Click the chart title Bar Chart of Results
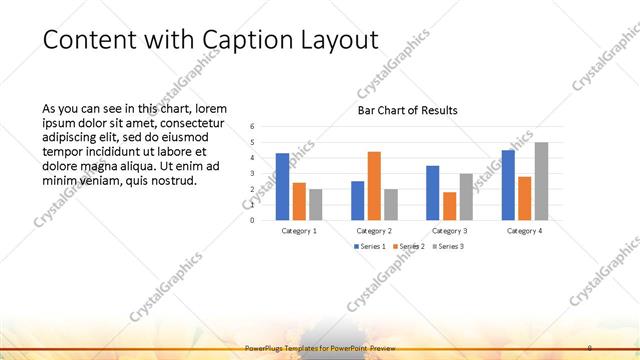[407, 110]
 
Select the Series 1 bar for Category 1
[283, 186]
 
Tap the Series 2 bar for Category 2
[374, 185]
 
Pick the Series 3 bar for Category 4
[541, 181]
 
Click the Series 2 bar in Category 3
[449, 205]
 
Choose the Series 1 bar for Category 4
[508, 184]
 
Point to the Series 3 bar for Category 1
[316, 204]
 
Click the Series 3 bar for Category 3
[466, 196]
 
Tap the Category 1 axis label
[299, 231]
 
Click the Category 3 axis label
[449, 231]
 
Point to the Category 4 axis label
[524, 231]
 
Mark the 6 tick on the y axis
[252, 126]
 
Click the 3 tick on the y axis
[252, 173]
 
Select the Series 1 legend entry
[370, 246]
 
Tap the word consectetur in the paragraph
[196, 122]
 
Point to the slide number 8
[590, 347]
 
